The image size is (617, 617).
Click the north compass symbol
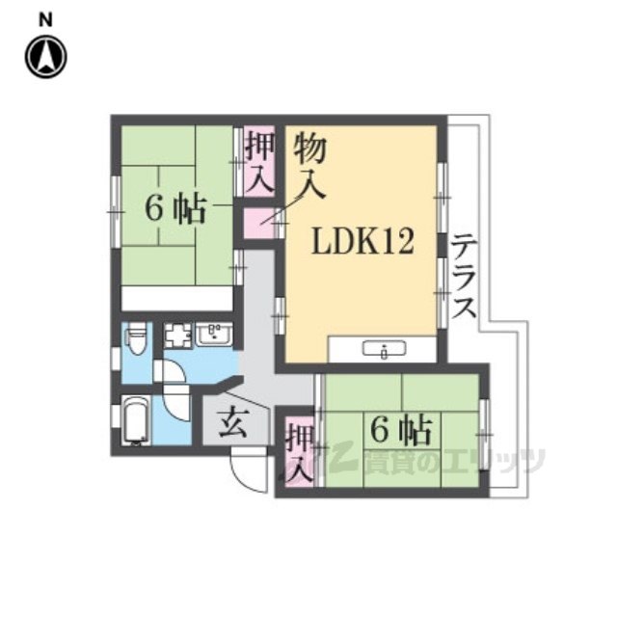pyautogui.click(x=46, y=57)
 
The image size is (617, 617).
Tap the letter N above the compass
pyautogui.click(x=45, y=20)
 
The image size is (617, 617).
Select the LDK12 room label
pyautogui.click(x=362, y=242)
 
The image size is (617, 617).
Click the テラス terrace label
pyautogui.click(x=464, y=276)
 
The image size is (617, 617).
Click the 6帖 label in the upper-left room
pyautogui.click(x=175, y=209)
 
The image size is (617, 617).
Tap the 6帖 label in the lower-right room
pyautogui.click(x=401, y=431)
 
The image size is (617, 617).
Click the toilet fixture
pyautogui.click(x=136, y=337)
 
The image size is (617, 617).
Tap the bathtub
pyautogui.click(x=136, y=420)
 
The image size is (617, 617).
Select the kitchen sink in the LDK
pyautogui.click(x=384, y=349)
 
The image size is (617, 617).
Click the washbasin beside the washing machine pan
pyautogui.click(x=214, y=335)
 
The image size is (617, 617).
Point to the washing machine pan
pyautogui.click(x=177, y=335)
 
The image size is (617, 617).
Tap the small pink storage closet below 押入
pyautogui.click(x=258, y=224)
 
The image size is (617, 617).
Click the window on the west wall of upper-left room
pyautogui.click(x=116, y=212)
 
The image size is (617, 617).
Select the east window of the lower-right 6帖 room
pyautogui.click(x=484, y=435)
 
